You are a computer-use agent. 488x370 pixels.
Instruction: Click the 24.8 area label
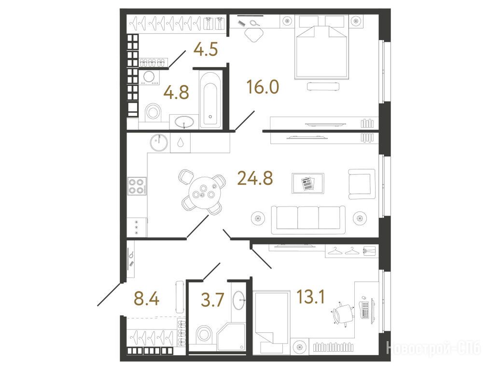(x=255, y=178)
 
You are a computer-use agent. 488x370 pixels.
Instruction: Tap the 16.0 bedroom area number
(x=263, y=87)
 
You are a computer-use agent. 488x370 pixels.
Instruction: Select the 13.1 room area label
(x=310, y=296)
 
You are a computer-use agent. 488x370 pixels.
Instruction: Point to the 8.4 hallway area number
(x=146, y=299)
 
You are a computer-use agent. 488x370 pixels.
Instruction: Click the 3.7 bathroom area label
(x=212, y=300)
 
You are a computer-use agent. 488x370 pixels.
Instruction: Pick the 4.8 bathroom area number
(x=177, y=92)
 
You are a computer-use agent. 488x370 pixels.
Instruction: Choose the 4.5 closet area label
(x=206, y=49)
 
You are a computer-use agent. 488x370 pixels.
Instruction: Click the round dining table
(x=204, y=191)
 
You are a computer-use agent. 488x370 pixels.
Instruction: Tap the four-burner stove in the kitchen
(x=137, y=186)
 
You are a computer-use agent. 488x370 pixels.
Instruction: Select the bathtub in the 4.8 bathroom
(x=210, y=99)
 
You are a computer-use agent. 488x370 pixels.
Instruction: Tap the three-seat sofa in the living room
(x=308, y=219)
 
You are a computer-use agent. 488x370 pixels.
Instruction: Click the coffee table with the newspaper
(x=308, y=183)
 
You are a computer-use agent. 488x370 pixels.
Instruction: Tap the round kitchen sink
(x=159, y=143)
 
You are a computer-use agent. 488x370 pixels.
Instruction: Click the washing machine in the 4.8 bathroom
(x=149, y=77)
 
